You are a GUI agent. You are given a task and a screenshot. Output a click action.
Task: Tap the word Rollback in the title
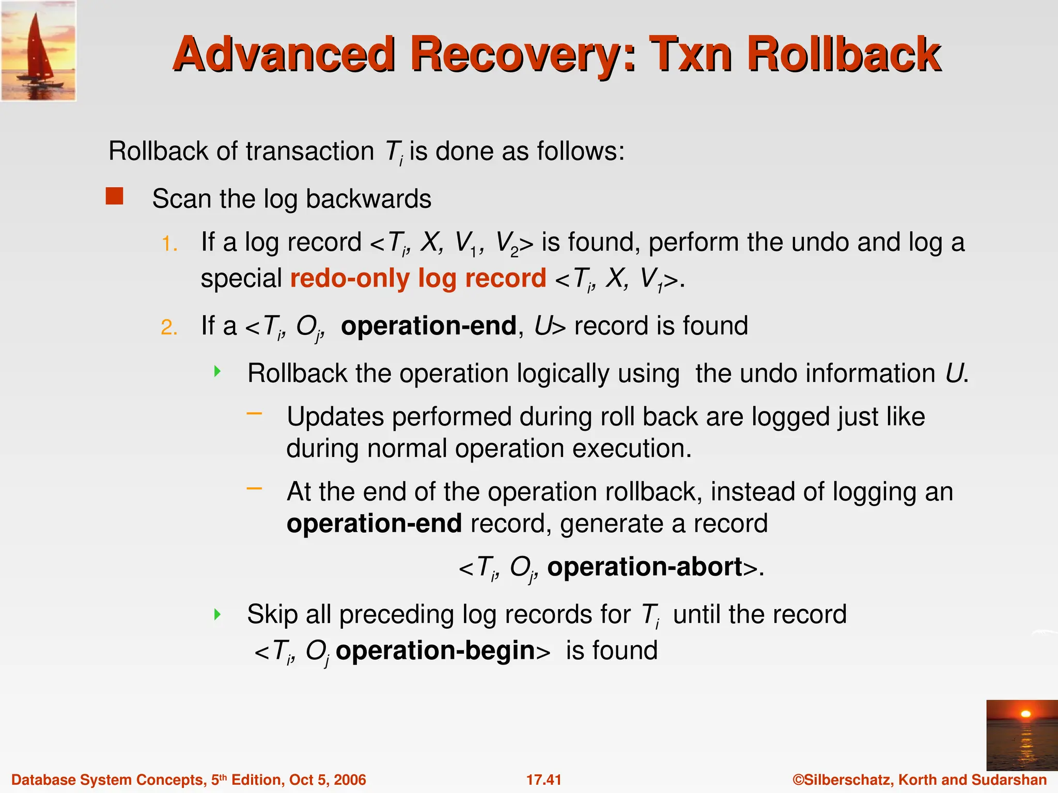[x=844, y=55]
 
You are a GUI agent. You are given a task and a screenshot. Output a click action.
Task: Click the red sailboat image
[x=38, y=51]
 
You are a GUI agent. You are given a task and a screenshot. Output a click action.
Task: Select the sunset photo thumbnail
[x=1021, y=735]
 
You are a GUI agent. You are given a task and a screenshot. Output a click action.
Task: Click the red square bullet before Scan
[x=114, y=196]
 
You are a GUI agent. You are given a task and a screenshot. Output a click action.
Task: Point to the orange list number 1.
[x=169, y=244]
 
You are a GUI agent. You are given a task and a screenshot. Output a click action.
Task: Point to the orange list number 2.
[x=169, y=328]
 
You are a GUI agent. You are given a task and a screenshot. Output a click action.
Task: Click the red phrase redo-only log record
[x=418, y=278]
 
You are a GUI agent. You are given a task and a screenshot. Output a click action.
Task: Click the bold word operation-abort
[x=645, y=567]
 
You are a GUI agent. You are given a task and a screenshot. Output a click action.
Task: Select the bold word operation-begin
[x=435, y=651]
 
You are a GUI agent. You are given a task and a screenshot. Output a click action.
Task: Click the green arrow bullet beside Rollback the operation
[x=217, y=371]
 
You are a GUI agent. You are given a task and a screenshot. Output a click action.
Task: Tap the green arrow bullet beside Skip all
[x=217, y=614]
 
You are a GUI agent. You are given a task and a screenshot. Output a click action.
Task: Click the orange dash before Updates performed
[x=254, y=413]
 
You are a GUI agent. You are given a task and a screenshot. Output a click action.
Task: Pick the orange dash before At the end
[x=254, y=488]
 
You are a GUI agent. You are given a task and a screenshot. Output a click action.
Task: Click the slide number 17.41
[x=543, y=780]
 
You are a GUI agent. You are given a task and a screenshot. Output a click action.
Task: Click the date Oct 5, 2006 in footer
[x=328, y=780]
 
